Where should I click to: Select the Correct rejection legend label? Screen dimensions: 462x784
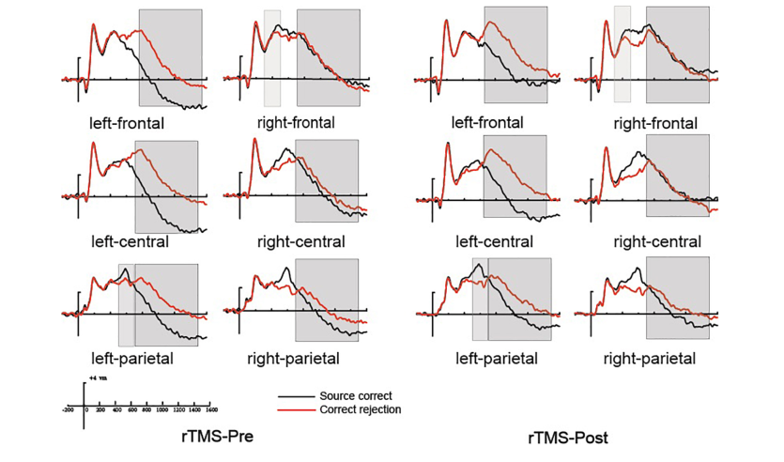tap(361, 409)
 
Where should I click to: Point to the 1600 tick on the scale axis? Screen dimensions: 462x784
tap(211, 410)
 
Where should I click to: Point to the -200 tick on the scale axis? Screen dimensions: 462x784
tap(68, 410)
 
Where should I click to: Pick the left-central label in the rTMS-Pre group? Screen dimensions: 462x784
tap(130, 241)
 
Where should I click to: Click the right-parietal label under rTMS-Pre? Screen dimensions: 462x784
tap(293, 358)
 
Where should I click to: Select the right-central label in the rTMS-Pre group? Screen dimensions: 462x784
tap(300, 241)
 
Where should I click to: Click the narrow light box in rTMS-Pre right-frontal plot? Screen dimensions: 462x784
tap(272, 58)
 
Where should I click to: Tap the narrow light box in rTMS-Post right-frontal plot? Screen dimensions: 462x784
tap(622, 54)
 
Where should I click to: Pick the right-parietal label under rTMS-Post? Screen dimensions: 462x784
tap(650, 358)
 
